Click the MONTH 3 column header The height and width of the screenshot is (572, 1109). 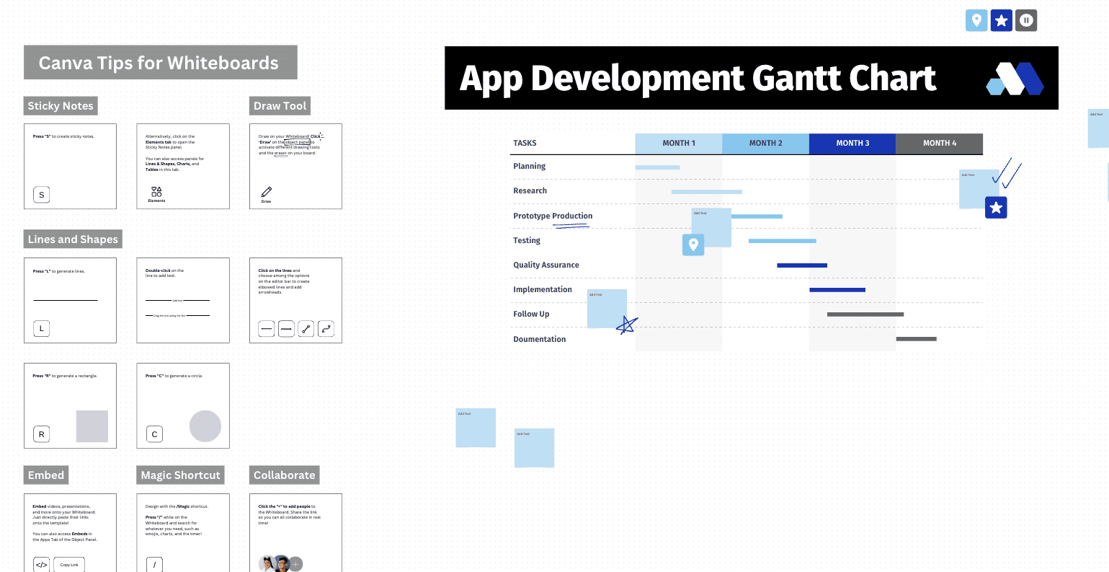coord(852,144)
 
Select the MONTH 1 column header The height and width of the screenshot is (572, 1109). coord(678,144)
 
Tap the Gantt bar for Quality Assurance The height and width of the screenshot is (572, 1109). coord(801,265)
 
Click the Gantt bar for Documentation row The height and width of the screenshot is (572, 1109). coord(916,339)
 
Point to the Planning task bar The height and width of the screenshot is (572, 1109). coord(657,167)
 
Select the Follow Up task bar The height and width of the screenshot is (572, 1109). coord(865,314)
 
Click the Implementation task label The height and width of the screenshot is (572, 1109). coord(542,290)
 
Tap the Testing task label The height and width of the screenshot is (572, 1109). coord(527,241)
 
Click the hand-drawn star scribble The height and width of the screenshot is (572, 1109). coord(627,325)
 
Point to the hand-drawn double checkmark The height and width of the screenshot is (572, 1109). coord(1007,173)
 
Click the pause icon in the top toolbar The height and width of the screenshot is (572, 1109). coord(1026,21)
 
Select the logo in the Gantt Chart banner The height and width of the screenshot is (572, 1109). coord(1015,79)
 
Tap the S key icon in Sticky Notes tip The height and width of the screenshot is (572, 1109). coord(42,195)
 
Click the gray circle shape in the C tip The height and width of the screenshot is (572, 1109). coord(205,426)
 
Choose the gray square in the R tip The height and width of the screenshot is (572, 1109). coord(92,426)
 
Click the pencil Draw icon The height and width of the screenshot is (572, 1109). coord(267,192)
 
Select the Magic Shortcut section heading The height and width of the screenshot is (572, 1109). coord(180,475)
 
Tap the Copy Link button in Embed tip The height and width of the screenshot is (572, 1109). coord(69,565)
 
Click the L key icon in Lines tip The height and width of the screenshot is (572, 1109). coord(42,329)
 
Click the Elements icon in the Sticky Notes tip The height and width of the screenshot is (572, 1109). coord(156,192)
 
